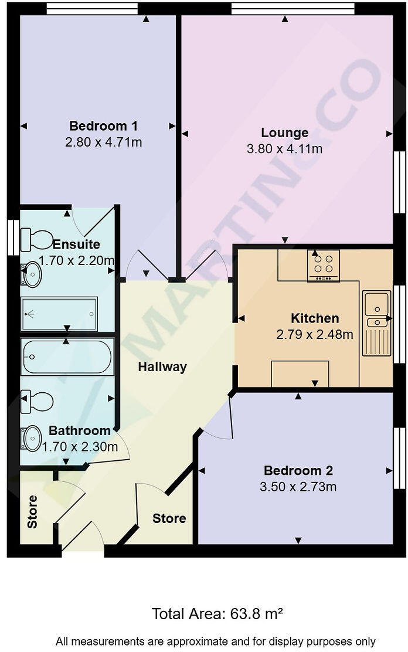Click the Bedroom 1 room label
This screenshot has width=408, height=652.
coord(103,126)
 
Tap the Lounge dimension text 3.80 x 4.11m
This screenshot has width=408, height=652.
coord(284,149)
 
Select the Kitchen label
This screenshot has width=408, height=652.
coord(315,318)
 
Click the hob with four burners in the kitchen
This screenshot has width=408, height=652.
coord(323,266)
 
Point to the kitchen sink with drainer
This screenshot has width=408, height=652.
coord(376,322)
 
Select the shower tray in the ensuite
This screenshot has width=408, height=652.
coord(59,314)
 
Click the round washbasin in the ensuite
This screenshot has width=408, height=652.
coord(31,274)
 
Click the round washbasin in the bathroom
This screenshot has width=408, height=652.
coord(32,437)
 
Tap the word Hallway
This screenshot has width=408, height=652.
coord(162,367)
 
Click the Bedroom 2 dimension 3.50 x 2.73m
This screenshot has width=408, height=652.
coord(298,487)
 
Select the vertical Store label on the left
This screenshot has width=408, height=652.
coord(32,512)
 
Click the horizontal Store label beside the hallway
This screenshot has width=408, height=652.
coord(169,518)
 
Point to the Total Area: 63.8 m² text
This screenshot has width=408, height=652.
coord(217,614)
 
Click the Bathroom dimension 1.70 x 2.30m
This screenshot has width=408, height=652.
coord(80,447)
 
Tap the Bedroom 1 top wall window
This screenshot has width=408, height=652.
coord(92,8)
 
